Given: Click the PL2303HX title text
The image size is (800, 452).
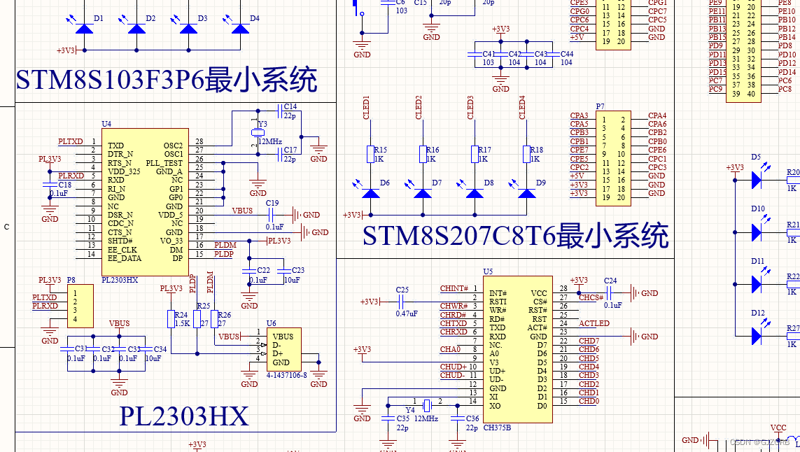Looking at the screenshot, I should (x=184, y=417).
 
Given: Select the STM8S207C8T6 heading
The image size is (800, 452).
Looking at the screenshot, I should (x=515, y=236).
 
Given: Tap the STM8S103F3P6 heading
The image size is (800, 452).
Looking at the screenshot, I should (x=167, y=80).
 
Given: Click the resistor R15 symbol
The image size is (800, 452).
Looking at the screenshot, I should (x=371, y=154).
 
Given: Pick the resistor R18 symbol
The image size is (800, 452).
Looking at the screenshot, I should (x=527, y=154).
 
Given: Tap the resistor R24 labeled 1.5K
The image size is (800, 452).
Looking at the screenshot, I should (x=171, y=319).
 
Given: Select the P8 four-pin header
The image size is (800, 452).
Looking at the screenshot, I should (x=80, y=306).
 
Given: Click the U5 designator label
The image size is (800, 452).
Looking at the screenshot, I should (x=488, y=271).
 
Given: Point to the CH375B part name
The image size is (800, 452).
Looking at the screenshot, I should (x=497, y=428).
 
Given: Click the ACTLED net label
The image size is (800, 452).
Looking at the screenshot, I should (x=594, y=323).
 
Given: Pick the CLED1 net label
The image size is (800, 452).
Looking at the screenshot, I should (x=366, y=108).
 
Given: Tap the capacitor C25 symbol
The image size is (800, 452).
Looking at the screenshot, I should (x=401, y=302).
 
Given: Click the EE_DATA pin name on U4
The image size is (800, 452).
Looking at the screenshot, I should (x=124, y=258).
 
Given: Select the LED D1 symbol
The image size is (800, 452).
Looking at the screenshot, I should (x=85, y=28).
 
